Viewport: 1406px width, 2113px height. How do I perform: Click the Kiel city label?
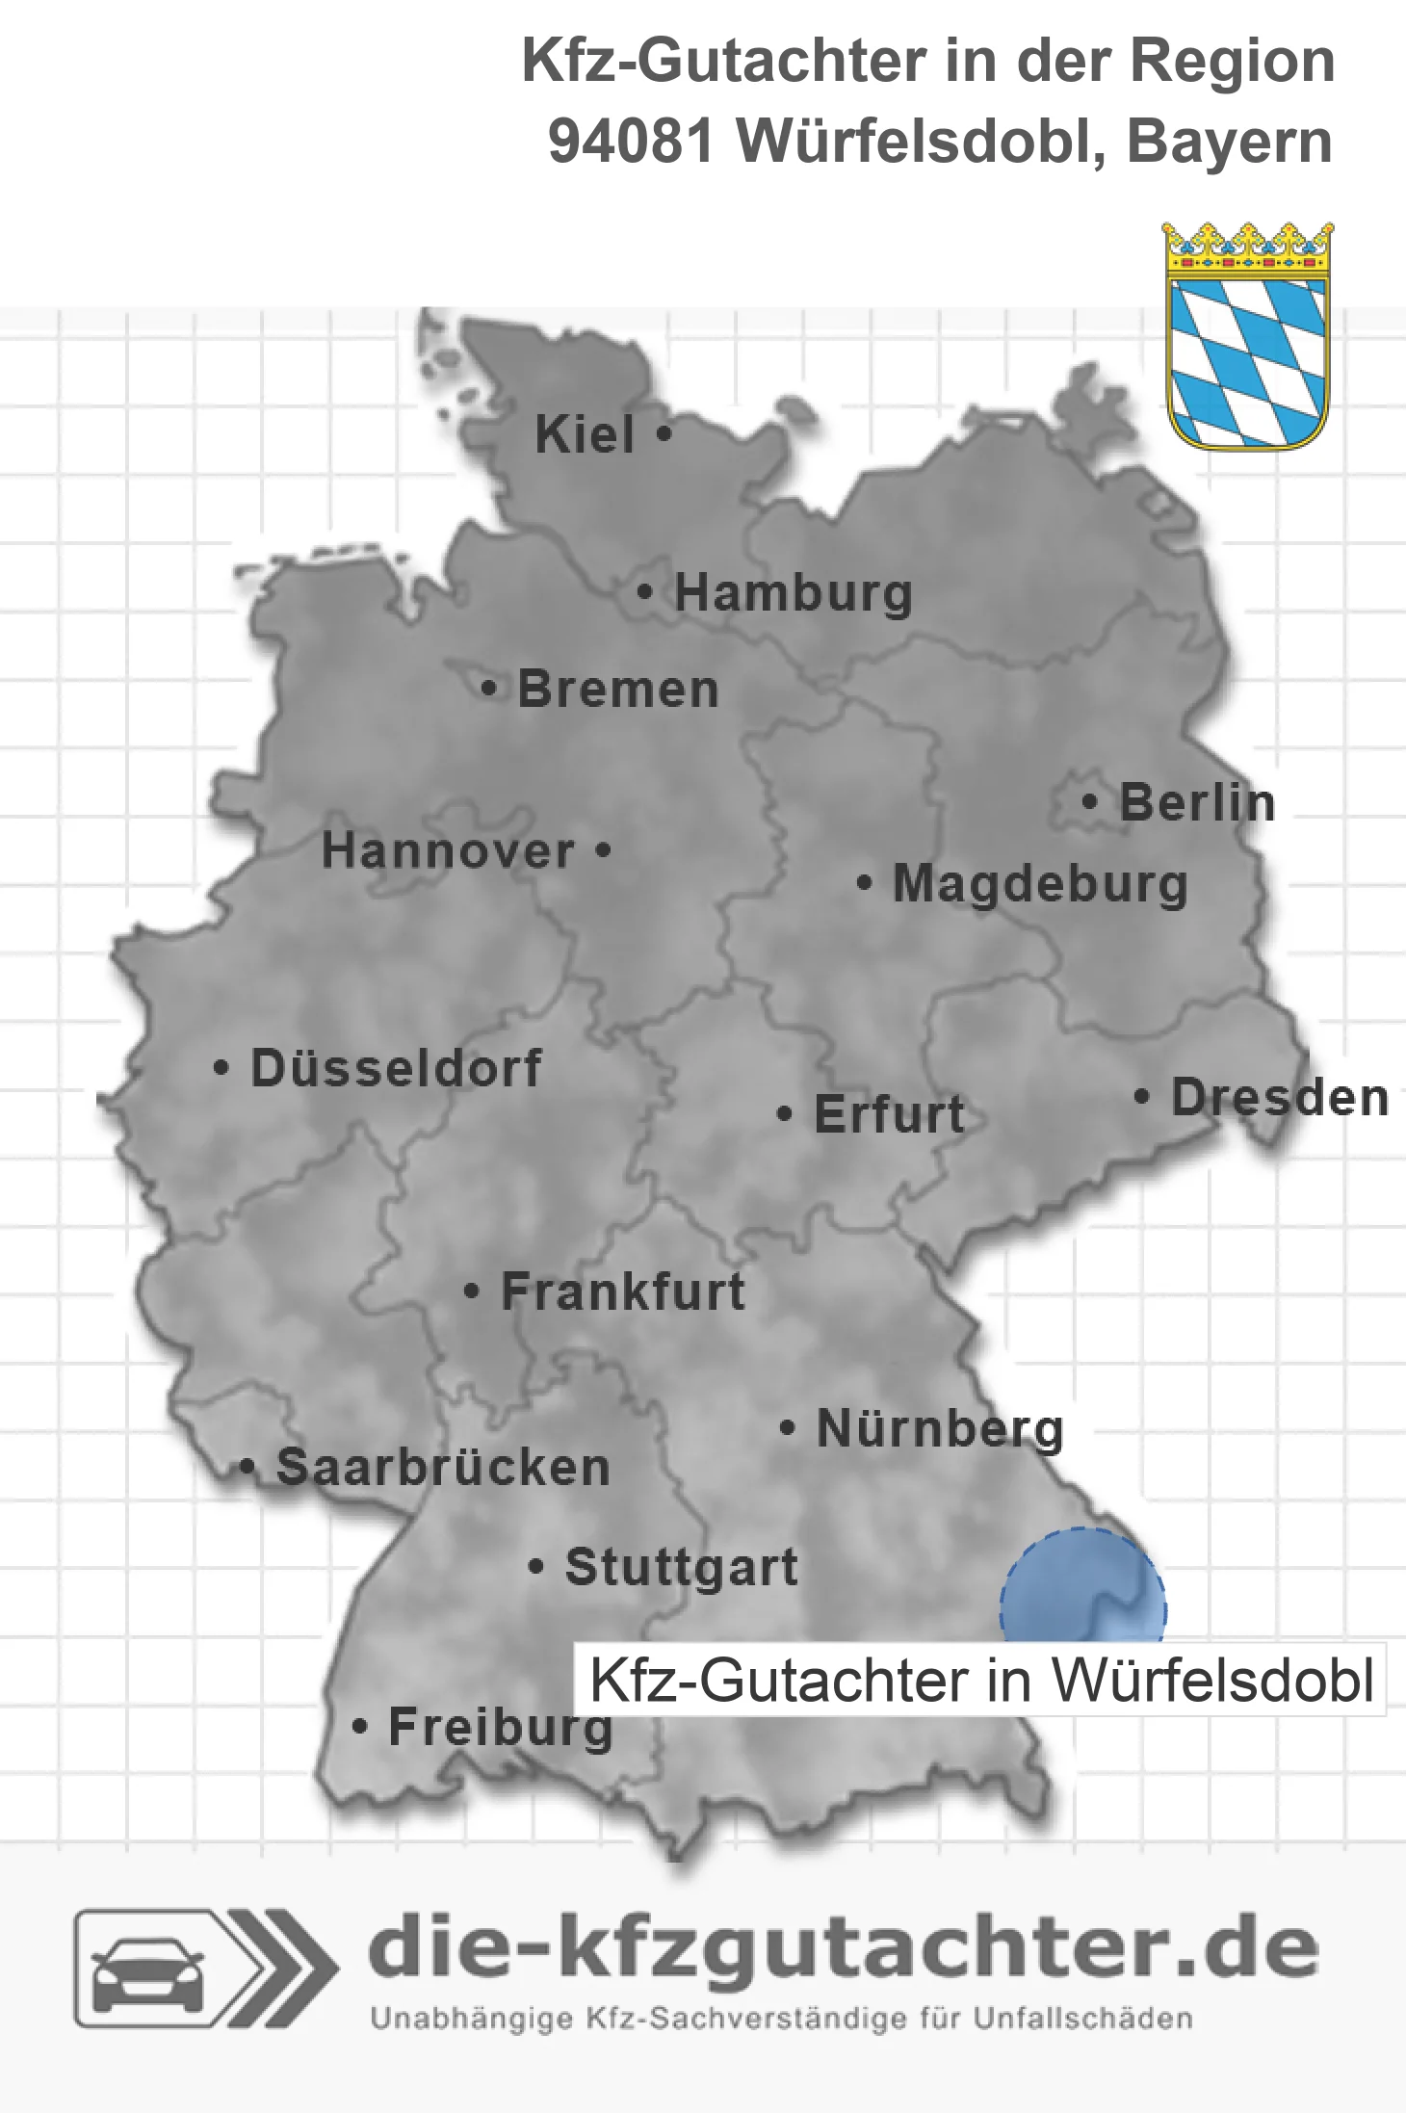point(585,434)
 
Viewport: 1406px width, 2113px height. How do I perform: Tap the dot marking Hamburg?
point(644,592)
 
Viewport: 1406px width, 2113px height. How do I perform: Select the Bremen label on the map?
point(618,690)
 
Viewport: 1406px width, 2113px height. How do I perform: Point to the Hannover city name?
point(448,851)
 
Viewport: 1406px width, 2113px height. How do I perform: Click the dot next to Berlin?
point(1090,801)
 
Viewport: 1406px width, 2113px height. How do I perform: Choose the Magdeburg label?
point(1040,884)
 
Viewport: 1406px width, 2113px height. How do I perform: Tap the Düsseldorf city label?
point(396,1068)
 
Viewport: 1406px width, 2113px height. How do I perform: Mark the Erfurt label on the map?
point(889,1114)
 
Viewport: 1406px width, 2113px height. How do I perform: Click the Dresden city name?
point(1280,1098)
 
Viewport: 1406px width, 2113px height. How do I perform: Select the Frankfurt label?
point(623,1291)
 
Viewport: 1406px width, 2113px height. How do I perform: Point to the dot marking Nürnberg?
point(787,1427)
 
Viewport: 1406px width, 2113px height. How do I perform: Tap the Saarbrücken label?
point(443,1468)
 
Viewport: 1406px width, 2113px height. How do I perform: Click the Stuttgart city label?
point(681,1567)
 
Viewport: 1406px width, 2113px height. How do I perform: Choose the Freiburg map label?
point(500,1727)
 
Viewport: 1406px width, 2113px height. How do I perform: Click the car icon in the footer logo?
point(147,1969)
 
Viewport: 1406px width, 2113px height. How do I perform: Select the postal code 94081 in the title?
point(631,142)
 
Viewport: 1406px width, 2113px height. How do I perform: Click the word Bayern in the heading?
point(1230,142)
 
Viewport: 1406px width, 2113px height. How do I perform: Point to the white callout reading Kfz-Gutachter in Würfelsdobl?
point(979,1681)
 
